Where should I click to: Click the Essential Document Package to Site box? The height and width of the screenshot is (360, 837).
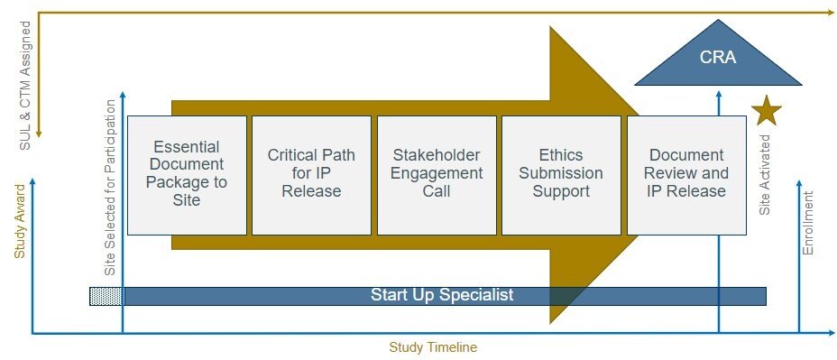click(x=187, y=174)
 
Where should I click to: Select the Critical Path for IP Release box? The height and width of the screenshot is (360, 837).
click(x=311, y=174)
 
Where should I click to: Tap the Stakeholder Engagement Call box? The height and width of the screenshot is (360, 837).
click(x=437, y=174)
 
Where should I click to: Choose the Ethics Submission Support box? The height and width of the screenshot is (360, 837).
click(x=561, y=174)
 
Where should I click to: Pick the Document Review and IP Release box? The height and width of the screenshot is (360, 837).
click(x=686, y=174)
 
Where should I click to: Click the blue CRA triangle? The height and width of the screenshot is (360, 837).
click(x=718, y=61)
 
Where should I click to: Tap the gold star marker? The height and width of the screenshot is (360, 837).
click(x=767, y=110)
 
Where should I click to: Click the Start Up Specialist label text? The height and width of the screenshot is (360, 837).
click(x=442, y=295)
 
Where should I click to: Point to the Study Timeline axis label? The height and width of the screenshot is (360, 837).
click(x=433, y=347)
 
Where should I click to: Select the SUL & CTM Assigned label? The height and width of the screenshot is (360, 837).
click(x=24, y=75)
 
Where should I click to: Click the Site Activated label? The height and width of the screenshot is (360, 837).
click(x=765, y=185)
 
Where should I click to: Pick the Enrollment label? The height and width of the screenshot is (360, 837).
click(x=808, y=222)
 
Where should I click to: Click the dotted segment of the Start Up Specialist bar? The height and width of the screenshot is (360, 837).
click(x=106, y=296)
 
